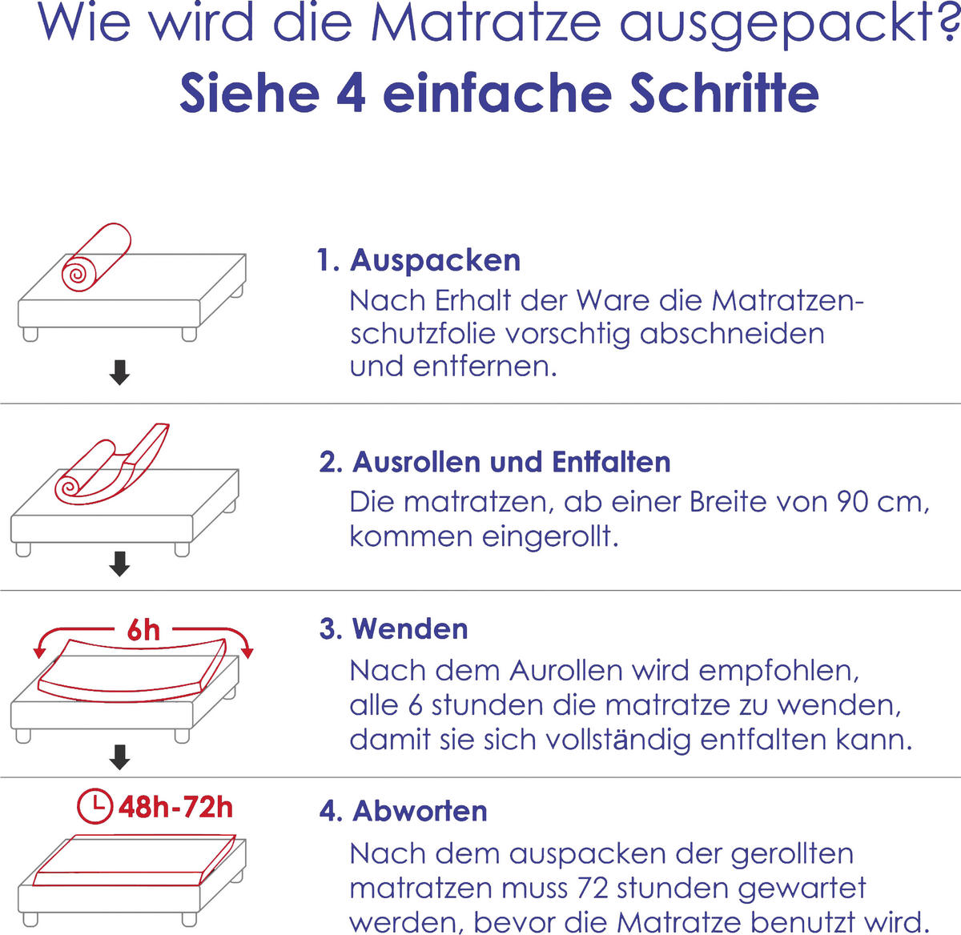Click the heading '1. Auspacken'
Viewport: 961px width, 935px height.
pos(419,260)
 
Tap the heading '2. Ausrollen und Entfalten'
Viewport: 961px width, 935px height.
pos(495,463)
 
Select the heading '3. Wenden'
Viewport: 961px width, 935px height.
pos(393,629)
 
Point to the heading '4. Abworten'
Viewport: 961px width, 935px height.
pos(403,811)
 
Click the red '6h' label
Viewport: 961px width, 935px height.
pos(143,631)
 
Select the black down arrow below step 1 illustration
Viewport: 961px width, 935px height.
pos(119,373)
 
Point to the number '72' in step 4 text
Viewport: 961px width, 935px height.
pos(593,888)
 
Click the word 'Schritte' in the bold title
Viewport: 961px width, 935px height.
pos(724,93)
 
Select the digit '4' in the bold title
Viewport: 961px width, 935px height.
pos(351,93)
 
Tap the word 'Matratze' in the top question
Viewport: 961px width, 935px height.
pos(487,22)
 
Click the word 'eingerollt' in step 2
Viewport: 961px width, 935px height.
pos(551,536)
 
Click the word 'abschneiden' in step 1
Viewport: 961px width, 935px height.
pos(732,334)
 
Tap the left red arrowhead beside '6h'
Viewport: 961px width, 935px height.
pos(39,652)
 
